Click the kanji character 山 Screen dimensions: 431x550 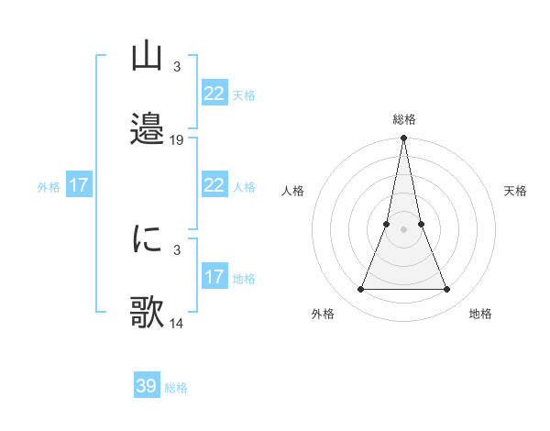147,57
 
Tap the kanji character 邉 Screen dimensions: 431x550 147,128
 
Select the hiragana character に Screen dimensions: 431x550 147,238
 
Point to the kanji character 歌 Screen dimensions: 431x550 147,313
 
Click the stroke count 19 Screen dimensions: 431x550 177,140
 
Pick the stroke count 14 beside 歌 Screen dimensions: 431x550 177,324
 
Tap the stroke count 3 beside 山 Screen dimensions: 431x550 176,67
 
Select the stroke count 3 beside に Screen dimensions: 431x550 176,249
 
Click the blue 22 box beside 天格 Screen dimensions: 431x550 214,94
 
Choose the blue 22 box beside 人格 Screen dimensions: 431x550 214,185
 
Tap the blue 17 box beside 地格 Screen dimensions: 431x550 214,277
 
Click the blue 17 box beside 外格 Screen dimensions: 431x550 79,185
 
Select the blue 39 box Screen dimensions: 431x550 147,386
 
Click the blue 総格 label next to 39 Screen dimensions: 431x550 176,388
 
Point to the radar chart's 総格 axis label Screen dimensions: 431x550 404,120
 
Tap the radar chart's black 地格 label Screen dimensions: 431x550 480,314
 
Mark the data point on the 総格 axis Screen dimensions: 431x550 404,138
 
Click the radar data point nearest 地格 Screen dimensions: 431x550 447,290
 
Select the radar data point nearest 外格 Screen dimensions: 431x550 360,290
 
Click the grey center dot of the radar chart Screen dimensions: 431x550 404,230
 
